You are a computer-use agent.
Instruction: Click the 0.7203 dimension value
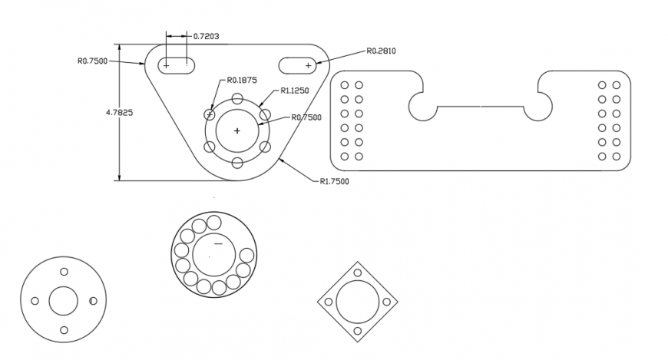pos(206,36)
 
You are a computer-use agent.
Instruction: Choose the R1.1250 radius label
pos(295,91)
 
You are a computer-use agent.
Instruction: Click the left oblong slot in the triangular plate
pos(177,66)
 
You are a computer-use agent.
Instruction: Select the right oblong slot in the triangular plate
pos(297,66)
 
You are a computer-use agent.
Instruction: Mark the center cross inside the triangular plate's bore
pos(236,130)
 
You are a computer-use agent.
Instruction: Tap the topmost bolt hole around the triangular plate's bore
pos(237,98)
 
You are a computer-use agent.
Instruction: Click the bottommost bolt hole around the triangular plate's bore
pos(237,162)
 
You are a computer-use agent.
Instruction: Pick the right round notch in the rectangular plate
pos(540,106)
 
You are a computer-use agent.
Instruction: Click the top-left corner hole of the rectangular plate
pos(344,85)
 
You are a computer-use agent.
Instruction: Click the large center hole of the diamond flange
pos(358,301)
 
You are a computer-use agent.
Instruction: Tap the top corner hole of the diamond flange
pos(358,272)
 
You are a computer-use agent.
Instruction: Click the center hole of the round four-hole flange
pos(63,301)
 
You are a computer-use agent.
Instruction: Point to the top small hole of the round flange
pos(63,272)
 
